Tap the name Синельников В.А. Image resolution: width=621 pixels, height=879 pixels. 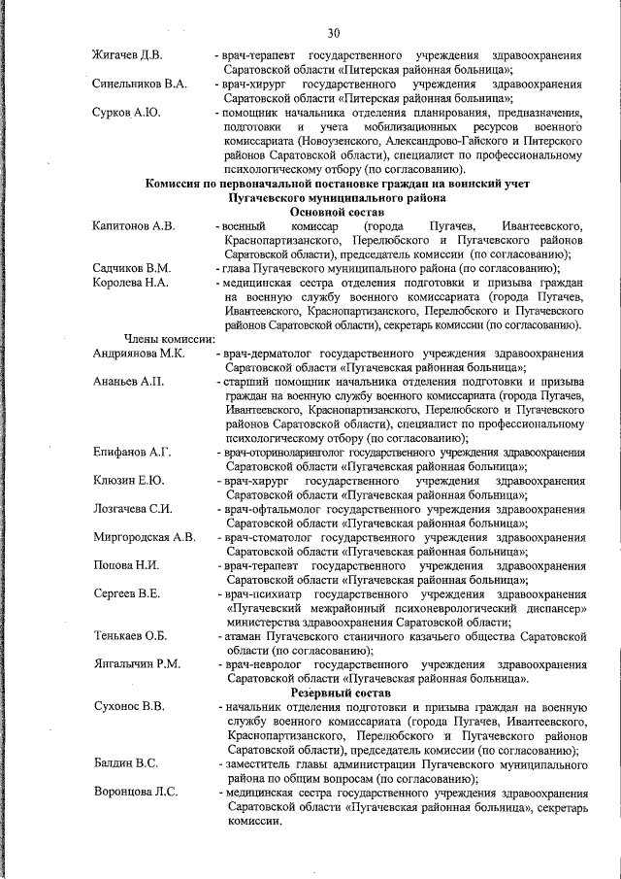click(140, 85)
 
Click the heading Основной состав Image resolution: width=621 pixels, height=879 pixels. click(337, 211)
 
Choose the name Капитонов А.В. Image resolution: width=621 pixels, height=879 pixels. click(134, 226)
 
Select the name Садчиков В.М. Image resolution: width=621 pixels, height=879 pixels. click(132, 267)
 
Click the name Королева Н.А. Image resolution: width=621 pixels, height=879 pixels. click(132, 282)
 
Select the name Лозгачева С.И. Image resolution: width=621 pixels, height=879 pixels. click(133, 509)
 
